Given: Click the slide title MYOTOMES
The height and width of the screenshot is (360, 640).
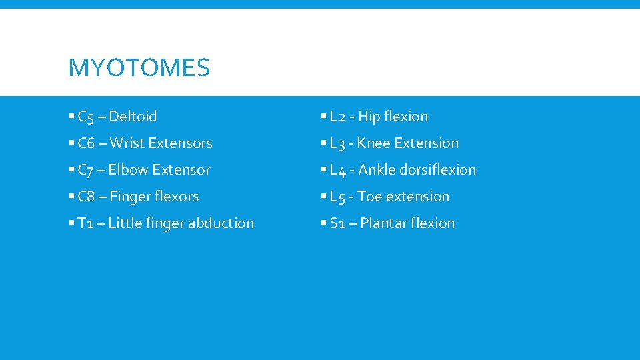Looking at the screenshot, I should click(139, 67).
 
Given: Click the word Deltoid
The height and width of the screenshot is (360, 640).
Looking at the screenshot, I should click(133, 117).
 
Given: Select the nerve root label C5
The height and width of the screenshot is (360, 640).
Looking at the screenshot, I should click(86, 117).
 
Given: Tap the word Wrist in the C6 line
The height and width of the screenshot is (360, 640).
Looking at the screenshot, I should click(127, 143).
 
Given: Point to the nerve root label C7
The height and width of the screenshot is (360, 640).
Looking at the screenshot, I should click(86, 171).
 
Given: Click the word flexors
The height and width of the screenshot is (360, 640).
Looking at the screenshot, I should click(176, 197).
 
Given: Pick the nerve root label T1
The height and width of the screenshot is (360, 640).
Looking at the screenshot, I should click(85, 223).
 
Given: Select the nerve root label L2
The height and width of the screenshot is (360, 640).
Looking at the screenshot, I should click(338, 117).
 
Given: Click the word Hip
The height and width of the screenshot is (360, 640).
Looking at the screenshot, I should click(369, 117).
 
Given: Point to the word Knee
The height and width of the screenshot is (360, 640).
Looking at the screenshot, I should click(373, 143).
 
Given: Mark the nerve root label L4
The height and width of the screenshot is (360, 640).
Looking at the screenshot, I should click(338, 171).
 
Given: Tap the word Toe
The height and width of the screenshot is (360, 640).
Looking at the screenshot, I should click(369, 197).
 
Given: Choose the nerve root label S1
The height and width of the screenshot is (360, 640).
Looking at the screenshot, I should click(337, 223).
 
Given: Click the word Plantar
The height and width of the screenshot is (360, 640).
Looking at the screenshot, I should click(382, 223).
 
